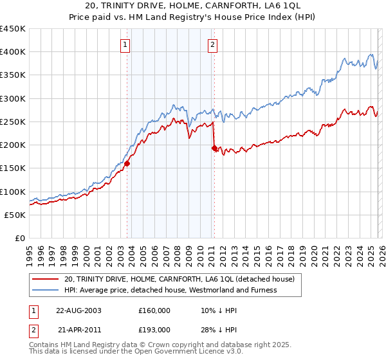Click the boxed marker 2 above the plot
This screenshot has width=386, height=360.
coord(212,45)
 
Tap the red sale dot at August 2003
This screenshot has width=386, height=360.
coord(127,163)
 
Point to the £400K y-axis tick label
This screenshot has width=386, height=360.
coord(13,52)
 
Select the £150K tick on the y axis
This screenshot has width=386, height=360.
coord(13,168)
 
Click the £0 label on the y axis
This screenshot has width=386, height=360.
coord(21,238)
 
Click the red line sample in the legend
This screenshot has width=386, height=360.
coord(45,279)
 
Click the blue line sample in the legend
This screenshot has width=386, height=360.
coord(45,290)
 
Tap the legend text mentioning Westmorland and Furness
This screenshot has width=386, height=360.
coord(170,290)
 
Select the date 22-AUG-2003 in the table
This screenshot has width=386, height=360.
coord(78,310)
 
